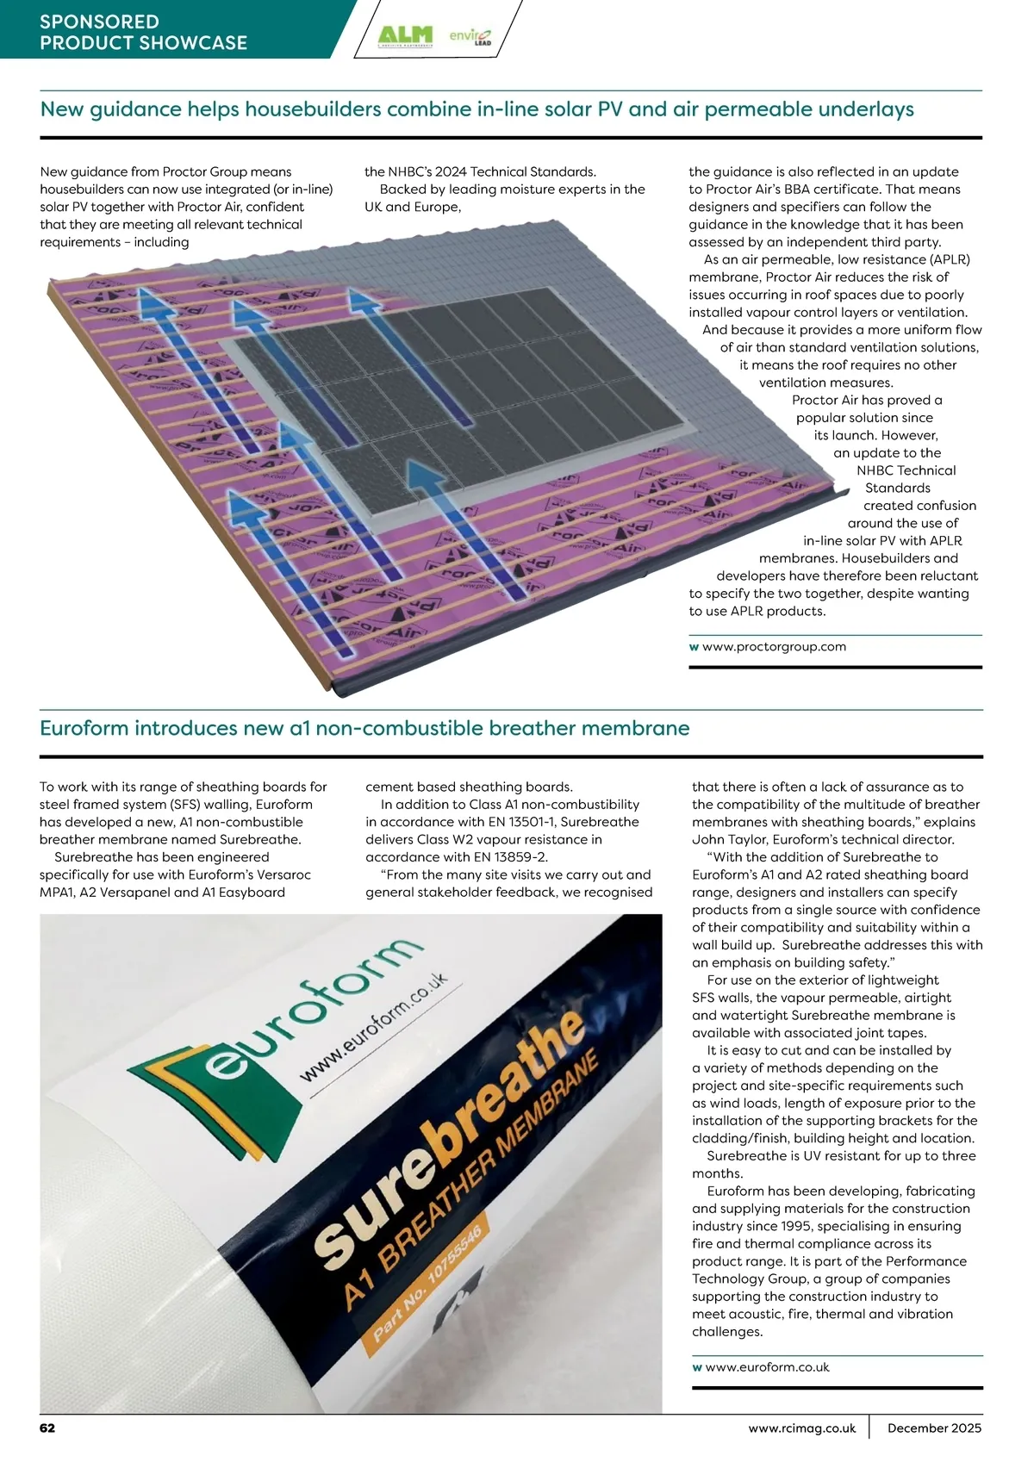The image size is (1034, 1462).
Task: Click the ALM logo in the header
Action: coord(405,36)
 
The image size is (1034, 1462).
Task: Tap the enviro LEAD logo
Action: coord(470,36)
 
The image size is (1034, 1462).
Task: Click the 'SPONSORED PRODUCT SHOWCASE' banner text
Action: coord(143,33)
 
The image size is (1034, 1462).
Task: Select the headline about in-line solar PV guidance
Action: coord(477,109)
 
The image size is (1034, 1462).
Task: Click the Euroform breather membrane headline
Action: coord(364,728)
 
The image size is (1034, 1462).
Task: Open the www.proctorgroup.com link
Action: coord(774,647)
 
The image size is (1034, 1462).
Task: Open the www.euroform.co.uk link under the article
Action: coord(767,1367)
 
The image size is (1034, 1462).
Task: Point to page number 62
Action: coord(47,1428)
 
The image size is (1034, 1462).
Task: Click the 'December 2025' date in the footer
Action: coord(934,1428)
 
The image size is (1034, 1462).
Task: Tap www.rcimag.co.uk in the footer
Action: coord(802,1428)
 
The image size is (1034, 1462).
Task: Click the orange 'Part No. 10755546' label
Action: coord(427,1276)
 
